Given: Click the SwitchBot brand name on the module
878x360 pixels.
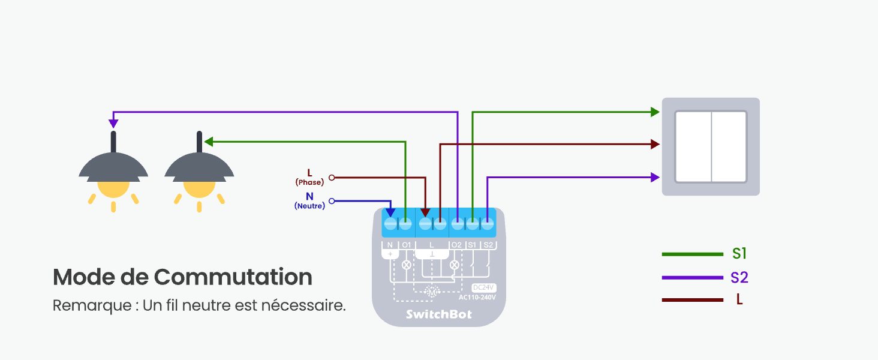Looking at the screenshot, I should click(438, 314).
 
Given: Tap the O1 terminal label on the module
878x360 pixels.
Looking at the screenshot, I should click(407, 245).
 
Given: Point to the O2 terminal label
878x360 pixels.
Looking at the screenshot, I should click(456, 245).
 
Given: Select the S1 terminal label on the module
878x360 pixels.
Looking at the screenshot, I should click(473, 245).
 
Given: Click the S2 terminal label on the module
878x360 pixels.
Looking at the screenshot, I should click(488, 245).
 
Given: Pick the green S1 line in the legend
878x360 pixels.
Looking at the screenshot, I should click(693, 254).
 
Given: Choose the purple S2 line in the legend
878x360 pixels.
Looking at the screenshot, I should click(693, 278).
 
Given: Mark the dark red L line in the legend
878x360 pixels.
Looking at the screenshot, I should click(693, 300).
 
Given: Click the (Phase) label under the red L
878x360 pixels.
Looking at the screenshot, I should click(309, 182).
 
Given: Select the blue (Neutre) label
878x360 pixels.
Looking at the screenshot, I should click(309, 206).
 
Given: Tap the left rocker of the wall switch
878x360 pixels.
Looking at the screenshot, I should click(693, 146).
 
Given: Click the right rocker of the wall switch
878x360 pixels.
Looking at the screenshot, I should click(729, 146).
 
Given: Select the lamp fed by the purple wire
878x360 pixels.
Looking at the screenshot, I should click(113, 174).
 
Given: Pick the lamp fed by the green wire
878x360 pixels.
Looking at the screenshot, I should click(199, 174).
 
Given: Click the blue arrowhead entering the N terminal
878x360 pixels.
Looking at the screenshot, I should click(390, 212).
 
